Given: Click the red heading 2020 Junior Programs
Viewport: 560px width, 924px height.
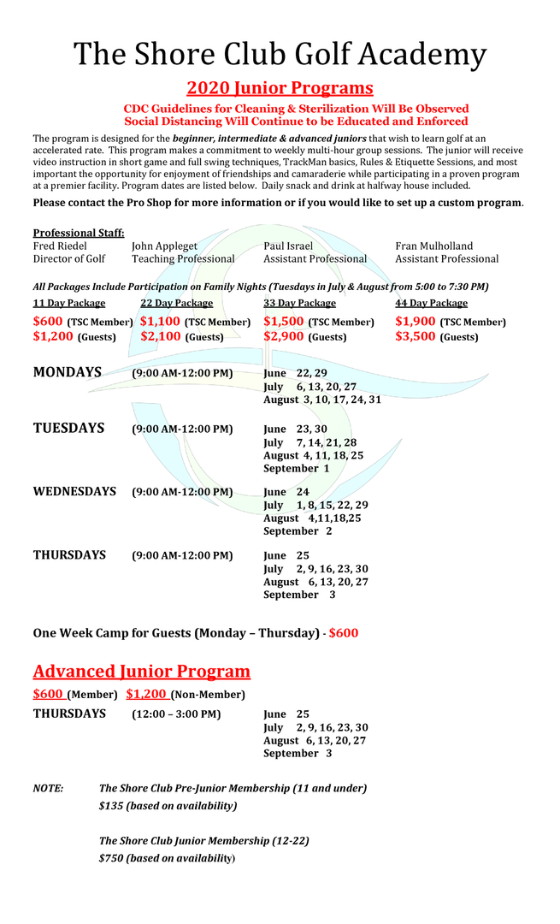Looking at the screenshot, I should tap(280, 88).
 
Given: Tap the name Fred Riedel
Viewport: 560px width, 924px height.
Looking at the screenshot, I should tap(60, 246).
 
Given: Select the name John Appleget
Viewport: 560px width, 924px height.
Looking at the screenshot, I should tap(164, 246).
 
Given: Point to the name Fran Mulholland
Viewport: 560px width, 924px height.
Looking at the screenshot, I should tap(433, 246).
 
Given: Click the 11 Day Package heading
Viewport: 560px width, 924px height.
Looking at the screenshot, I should tap(69, 303).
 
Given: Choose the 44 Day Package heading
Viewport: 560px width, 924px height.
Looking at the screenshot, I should tap(431, 303).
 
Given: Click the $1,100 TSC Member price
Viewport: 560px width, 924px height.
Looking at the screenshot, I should tap(160, 322).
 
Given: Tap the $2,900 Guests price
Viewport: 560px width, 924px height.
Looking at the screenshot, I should tap(283, 337).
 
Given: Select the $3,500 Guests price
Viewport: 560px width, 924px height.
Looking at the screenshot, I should tap(415, 337).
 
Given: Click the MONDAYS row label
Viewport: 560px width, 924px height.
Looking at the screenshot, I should tap(68, 373).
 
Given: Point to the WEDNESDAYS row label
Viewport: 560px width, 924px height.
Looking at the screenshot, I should tap(74, 492).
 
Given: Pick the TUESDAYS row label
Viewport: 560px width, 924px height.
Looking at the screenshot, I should tap(68, 429).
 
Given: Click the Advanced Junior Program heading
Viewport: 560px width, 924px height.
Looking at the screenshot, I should tap(142, 672).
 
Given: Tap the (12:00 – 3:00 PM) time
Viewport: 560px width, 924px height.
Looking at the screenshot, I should tap(176, 714).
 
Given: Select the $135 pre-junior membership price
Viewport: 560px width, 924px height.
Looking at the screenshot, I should tap(110, 806).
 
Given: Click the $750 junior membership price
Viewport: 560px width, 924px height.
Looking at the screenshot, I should tap(110, 858).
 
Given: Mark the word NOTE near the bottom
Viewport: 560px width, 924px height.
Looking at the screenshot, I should tap(48, 788).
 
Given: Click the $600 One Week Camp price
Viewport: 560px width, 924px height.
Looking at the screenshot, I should tap(344, 633).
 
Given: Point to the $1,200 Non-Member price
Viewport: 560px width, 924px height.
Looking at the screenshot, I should tap(146, 694).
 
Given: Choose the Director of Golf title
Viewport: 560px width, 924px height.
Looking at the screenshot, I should tap(69, 259).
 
